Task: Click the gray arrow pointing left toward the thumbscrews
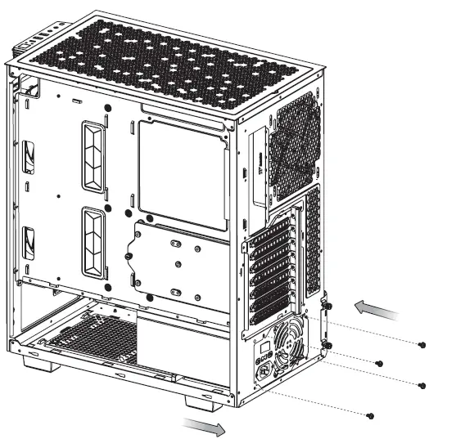click(377, 309)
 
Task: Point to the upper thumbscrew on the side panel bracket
click(327, 307)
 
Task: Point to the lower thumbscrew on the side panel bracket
click(327, 345)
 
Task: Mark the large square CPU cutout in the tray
click(183, 173)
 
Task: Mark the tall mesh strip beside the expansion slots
click(312, 241)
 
